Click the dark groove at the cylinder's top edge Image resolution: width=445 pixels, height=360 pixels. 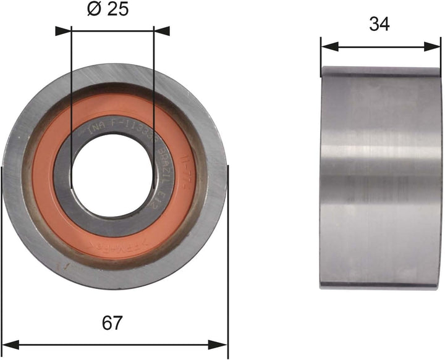point(381,75)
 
